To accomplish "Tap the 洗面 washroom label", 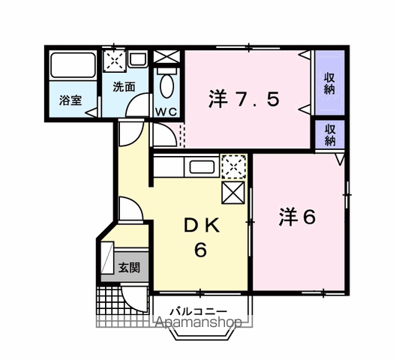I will click(x=124, y=86).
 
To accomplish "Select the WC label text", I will click(x=166, y=111).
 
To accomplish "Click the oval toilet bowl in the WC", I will click(x=166, y=87).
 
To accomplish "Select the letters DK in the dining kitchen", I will click(x=200, y=226).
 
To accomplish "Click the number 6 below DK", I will click(x=200, y=250).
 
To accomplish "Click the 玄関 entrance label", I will click(x=126, y=266).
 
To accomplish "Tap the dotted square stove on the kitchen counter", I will click(x=233, y=166).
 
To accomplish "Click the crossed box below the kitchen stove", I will click(x=233, y=192).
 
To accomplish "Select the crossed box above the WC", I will click(x=166, y=57).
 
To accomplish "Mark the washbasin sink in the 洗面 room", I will click(x=137, y=58).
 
